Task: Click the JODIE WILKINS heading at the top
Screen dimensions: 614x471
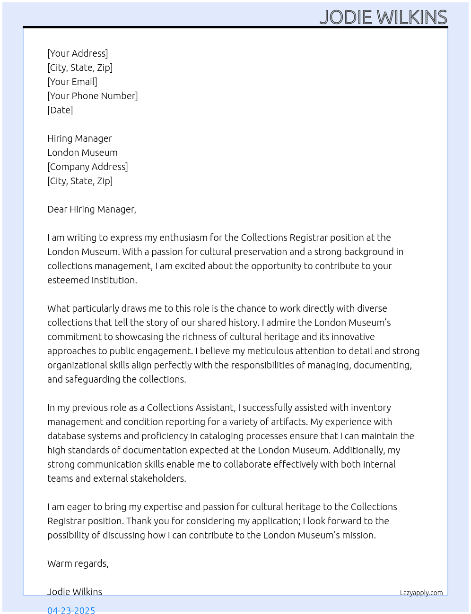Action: (x=383, y=17)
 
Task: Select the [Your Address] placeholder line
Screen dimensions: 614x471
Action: (x=78, y=53)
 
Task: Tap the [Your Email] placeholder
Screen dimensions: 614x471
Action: (x=72, y=82)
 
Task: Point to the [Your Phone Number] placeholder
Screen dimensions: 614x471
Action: (x=93, y=96)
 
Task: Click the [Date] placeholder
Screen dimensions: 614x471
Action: (x=60, y=110)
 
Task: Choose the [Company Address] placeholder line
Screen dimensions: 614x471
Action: (x=87, y=167)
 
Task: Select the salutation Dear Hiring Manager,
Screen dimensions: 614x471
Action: (x=92, y=209)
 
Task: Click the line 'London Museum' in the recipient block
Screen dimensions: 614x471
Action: (x=82, y=153)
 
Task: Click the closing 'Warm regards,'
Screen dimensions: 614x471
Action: (x=78, y=563)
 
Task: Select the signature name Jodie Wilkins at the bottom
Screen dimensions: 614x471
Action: (x=75, y=592)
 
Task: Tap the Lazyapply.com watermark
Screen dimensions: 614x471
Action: (x=421, y=593)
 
